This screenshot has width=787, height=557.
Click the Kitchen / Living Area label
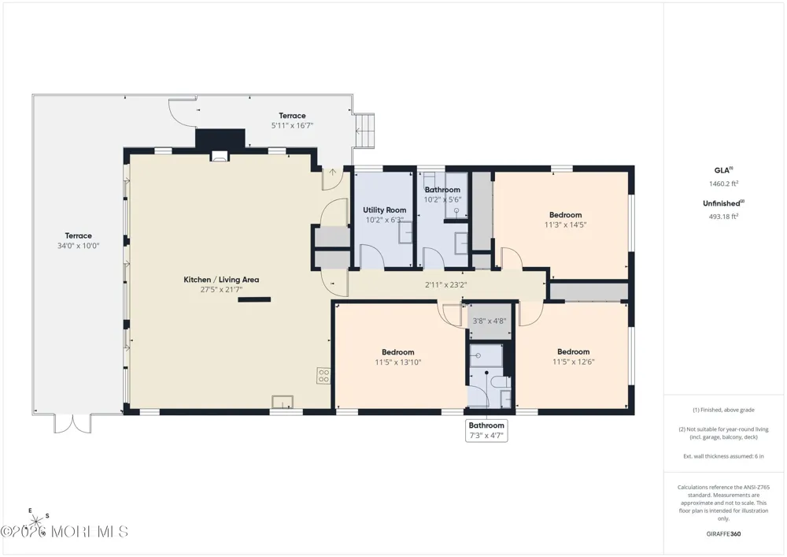tap(221, 280)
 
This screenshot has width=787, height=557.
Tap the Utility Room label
tap(385, 210)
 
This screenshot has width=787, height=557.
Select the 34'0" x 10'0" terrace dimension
tap(78, 246)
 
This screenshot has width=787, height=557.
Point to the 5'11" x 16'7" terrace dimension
tap(292, 125)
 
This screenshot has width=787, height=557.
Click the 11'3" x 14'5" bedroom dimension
tap(565, 225)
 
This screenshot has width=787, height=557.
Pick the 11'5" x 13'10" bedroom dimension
tap(398, 362)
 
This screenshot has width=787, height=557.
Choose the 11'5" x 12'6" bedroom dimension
tap(573, 362)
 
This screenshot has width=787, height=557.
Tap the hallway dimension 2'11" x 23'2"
tap(445, 284)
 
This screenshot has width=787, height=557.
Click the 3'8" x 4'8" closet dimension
tap(490, 321)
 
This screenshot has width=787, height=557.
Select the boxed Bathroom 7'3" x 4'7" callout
tap(486, 430)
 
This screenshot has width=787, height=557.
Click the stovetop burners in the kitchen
tap(323, 376)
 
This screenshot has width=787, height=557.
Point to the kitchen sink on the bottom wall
tap(283, 402)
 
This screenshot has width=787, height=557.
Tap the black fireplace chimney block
tap(220, 139)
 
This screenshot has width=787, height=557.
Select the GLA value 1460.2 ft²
tap(723, 184)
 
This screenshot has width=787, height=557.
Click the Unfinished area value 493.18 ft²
tap(723, 217)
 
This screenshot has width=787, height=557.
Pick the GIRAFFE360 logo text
tap(723, 534)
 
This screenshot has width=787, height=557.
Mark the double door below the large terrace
tap(72, 423)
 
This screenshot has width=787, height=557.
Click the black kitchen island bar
tap(254, 300)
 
